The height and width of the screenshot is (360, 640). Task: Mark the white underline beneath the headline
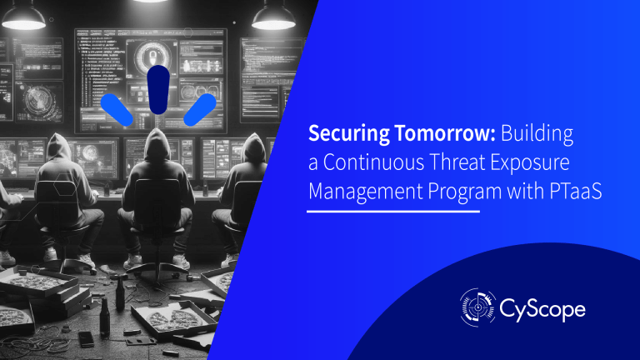pyautogui.click(x=393, y=211)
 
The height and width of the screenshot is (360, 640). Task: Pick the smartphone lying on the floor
pyautogui.click(x=87, y=338)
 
